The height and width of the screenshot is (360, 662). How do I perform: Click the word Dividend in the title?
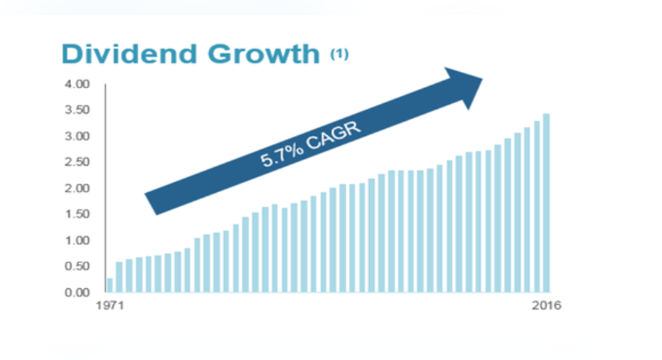coord(129,54)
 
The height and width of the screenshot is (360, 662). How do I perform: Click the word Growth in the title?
coord(264,54)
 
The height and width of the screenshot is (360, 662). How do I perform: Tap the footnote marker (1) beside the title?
coord(339,54)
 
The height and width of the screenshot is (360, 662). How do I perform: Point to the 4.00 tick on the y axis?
coord(78,84)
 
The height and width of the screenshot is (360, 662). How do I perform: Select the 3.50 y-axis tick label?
coord(78,110)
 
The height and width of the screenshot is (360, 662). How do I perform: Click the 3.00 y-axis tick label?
coord(78,136)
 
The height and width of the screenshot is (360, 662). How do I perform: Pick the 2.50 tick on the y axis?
coord(78,162)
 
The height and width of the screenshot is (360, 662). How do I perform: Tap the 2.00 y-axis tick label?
coord(78,188)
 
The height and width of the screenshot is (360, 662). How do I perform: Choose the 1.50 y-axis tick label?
coord(78,214)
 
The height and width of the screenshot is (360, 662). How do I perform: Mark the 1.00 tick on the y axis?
coord(78,240)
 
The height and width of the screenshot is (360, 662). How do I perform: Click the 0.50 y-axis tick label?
coord(78,266)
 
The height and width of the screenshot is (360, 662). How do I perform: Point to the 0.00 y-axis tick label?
coord(78,292)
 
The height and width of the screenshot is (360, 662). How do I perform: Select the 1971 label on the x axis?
coord(110,305)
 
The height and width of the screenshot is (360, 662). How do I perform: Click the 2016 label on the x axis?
coord(546,305)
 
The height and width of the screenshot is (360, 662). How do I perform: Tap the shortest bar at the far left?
coord(110,285)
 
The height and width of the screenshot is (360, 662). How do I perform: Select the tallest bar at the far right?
coord(546,203)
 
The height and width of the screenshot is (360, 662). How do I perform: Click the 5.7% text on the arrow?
coord(281,154)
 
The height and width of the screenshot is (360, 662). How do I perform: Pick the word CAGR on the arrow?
coord(334,134)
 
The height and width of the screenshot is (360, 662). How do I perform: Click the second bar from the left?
coord(119,277)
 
